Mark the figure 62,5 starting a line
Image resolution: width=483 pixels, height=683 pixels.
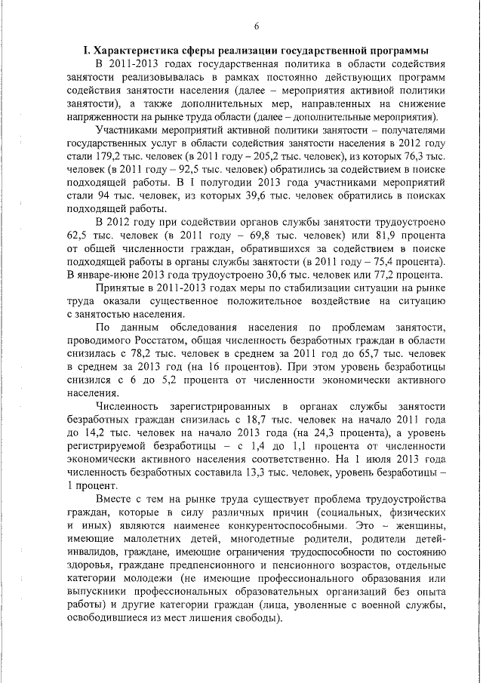tap(77, 235)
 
